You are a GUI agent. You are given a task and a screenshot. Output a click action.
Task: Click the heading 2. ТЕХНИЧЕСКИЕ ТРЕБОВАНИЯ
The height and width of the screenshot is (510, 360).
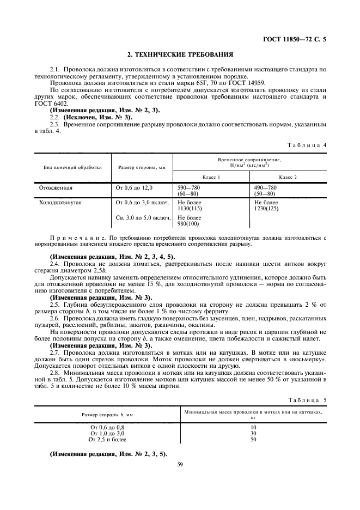[x=180, y=54]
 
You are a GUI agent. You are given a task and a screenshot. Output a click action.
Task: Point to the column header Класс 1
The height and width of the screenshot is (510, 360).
[x=211, y=178]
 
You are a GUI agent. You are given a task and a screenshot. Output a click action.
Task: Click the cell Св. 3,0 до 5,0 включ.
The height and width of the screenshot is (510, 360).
[x=142, y=217]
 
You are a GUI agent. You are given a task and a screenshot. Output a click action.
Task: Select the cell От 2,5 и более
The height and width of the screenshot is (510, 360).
[x=107, y=439]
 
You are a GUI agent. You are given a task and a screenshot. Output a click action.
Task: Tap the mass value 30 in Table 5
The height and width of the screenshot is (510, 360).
[x=254, y=434]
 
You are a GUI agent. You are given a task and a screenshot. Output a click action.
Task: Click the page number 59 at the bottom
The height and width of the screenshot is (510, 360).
[x=180, y=464]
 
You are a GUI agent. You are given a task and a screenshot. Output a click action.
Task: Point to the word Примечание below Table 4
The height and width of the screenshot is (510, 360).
[x=76, y=238]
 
